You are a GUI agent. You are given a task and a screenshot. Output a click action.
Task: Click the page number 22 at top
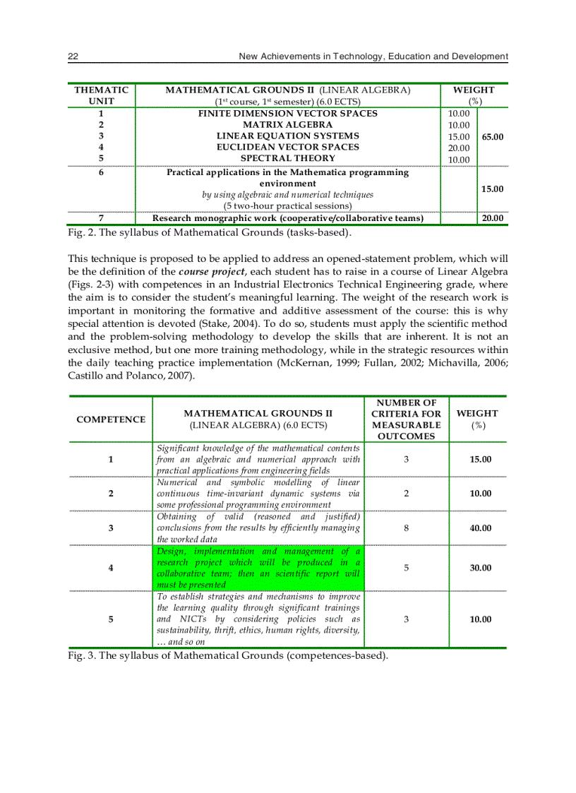[73, 56]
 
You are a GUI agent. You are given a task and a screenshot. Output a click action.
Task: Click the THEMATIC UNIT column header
[102, 95]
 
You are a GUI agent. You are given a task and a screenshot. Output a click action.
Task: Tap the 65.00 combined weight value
[491, 136]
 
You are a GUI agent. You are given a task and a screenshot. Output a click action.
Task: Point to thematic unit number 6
[102, 172]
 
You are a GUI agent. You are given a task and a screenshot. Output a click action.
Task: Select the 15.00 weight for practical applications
[492, 189]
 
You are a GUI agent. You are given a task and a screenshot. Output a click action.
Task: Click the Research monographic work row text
[287, 219]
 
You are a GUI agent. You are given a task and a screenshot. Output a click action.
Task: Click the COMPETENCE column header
[111, 419]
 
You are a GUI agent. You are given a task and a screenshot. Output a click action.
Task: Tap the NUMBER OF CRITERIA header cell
[406, 419]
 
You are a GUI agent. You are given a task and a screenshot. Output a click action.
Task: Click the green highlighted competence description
[258, 568]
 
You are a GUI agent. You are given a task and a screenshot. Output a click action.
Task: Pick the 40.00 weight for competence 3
[480, 528]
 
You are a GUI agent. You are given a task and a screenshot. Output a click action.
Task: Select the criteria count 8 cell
[406, 528]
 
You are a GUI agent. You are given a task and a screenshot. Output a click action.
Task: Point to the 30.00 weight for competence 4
[480, 568]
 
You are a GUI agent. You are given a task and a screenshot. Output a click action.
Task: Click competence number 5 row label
[111, 619]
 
